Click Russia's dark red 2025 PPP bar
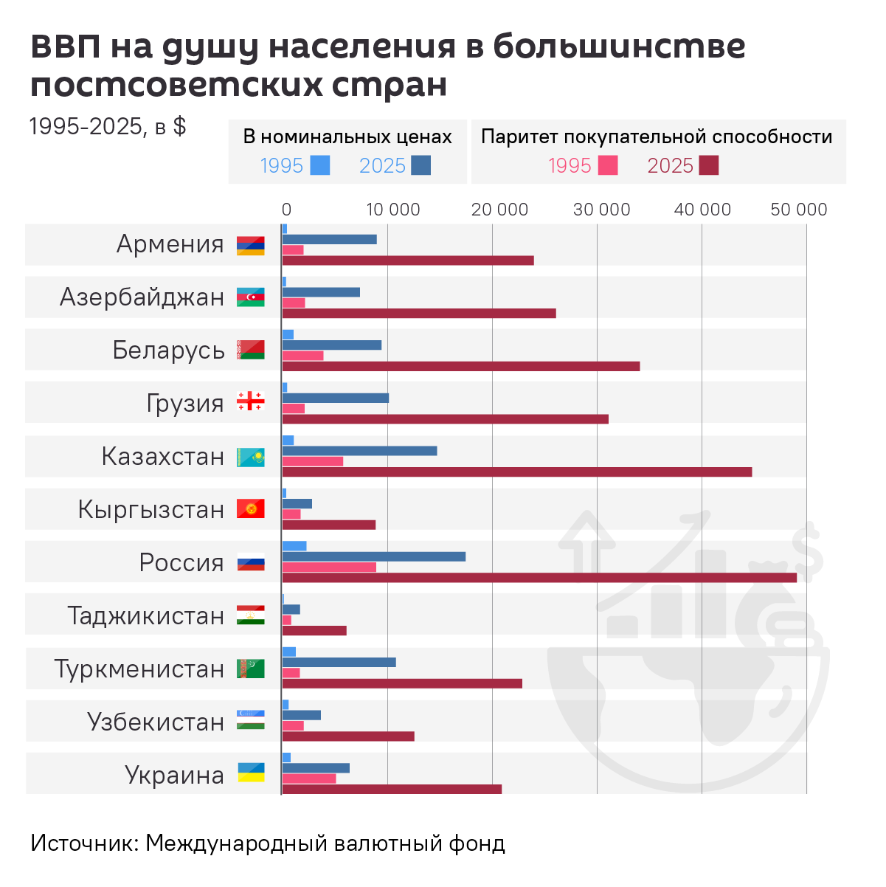539,578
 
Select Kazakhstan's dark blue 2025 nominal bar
359,451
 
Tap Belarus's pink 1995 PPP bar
302,356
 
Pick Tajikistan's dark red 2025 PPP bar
314,631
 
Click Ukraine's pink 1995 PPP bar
309,779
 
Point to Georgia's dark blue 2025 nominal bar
336,398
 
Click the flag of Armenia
250,246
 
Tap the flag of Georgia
250,401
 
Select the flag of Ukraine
251,773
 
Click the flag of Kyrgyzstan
250,509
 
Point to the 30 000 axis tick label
601,210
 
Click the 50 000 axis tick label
799,210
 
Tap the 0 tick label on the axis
286,210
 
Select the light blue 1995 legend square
320,165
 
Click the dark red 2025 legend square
709,165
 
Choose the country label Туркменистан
139,669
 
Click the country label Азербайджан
142,297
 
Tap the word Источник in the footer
84,843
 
